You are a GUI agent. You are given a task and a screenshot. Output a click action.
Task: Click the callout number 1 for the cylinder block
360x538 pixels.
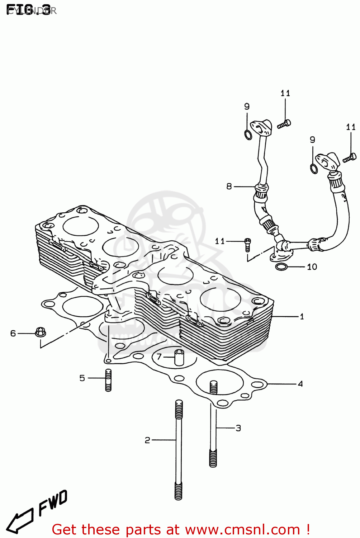tap(302, 316)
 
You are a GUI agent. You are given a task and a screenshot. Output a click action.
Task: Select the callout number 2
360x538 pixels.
tap(147, 440)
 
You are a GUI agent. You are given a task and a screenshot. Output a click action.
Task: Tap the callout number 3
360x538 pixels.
tap(238, 428)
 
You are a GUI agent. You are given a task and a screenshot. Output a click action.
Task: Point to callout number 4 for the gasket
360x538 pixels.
tap(300, 384)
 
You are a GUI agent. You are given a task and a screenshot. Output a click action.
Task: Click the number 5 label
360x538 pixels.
tap(82, 378)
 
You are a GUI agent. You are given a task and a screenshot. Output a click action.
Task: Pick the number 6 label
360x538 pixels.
tap(13, 334)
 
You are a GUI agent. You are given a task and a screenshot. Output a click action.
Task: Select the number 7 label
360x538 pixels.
tap(159, 357)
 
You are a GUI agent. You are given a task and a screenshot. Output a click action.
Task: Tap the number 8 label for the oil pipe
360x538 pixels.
tap(229, 187)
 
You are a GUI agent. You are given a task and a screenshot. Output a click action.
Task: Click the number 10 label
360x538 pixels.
tap(312, 267)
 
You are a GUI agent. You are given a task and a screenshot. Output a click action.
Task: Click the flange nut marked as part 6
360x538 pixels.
tap(40, 332)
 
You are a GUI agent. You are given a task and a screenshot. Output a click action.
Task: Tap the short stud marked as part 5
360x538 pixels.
tap(108, 380)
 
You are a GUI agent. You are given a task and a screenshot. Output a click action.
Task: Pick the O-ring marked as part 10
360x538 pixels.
tap(281, 267)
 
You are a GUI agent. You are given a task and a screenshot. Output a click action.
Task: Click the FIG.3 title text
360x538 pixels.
tap(29, 10)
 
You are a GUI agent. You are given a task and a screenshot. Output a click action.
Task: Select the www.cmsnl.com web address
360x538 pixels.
tap(243, 529)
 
